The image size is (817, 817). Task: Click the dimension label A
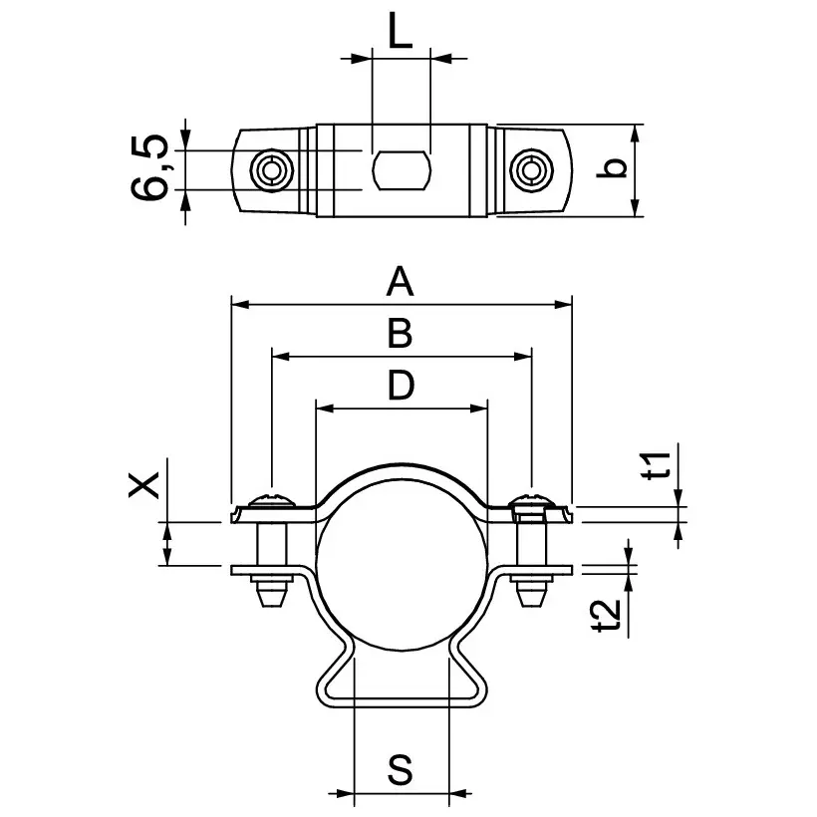(x=400, y=282)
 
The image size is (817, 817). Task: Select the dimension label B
(x=400, y=334)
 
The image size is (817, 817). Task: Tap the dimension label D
(x=400, y=386)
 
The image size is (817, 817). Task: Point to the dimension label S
(x=401, y=770)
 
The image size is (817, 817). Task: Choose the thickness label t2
(x=607, y=615)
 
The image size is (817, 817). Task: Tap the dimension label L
(x=400, y=34)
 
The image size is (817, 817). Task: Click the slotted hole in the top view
(x=401, y=170)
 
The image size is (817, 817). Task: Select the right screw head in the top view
(x=530, y=170)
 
